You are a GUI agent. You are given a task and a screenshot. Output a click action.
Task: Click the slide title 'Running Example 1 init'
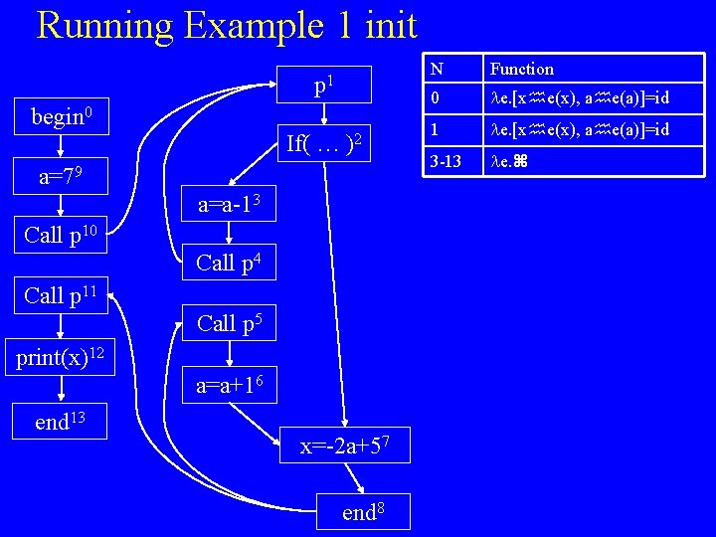(x=227, y=25)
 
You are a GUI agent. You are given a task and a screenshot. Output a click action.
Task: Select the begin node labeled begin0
(x=62, y=117)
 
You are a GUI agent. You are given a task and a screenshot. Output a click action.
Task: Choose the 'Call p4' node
(x=229, y=264)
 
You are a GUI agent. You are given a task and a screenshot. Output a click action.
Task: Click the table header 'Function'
(x=521, y=69)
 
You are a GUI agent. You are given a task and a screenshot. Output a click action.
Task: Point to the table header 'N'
(x=436, y=69)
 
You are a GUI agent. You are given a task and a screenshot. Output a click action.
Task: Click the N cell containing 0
(x=435, y=99)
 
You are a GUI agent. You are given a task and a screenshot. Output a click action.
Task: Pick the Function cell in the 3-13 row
(x=512, y=160)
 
